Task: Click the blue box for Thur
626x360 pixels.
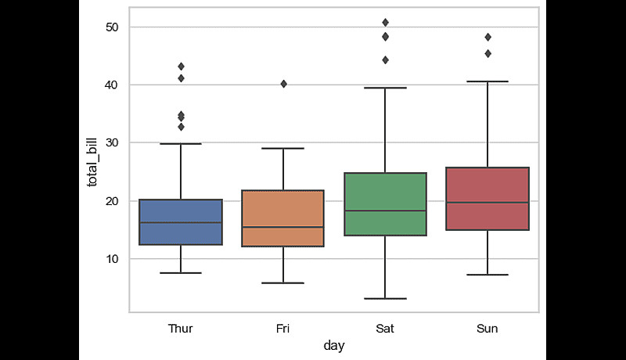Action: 181,222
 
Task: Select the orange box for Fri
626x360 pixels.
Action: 282,218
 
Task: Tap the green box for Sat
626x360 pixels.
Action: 385,204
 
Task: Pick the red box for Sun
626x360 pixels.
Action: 487,199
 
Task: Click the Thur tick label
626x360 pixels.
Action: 181,329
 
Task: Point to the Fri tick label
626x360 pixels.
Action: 282,329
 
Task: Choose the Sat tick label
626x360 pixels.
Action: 385,329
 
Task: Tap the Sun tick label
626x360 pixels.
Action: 487,329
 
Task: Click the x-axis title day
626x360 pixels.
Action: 334,345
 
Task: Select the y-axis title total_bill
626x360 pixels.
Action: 92,160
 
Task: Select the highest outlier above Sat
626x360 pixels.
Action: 385,22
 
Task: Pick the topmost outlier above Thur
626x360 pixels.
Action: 181,67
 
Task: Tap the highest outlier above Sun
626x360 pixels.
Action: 487,37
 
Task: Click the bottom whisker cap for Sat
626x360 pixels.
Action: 385,298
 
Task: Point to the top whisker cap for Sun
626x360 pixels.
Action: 487,81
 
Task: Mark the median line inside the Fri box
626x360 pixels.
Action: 282,227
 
